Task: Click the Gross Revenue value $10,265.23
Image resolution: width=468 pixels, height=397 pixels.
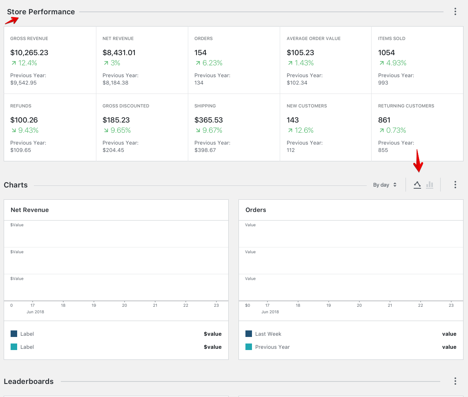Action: tap(29, 53)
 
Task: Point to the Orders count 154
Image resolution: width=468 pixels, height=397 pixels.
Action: tap(201, 53)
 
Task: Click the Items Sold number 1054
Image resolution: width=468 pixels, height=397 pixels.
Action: tap(386, 53)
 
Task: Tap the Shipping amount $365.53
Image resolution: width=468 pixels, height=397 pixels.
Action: tap(208, 120)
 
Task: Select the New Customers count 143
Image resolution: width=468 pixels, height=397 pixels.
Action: tap(293, 120)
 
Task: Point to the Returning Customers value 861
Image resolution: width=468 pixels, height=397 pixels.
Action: tap(384, 120)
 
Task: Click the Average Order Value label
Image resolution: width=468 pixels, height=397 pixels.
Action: tap(313, 38)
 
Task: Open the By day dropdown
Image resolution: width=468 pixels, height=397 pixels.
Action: tap(385, 185)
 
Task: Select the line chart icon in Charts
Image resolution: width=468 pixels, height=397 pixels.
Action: tap(417, 185)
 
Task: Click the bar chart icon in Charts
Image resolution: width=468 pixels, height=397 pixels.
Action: tap(430, 185)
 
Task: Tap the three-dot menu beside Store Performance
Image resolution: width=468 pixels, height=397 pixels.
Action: tap(455, 12)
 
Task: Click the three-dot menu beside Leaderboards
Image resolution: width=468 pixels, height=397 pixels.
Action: tap(455, 381)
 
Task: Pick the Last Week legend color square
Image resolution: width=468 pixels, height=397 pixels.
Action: tap(249, 334)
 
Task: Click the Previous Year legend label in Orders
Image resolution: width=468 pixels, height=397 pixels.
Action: tap(272, 347)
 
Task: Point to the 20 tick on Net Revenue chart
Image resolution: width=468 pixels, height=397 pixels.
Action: tap(125, 305)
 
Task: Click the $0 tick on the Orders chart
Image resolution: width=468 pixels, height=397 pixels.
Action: tap(247, 305)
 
